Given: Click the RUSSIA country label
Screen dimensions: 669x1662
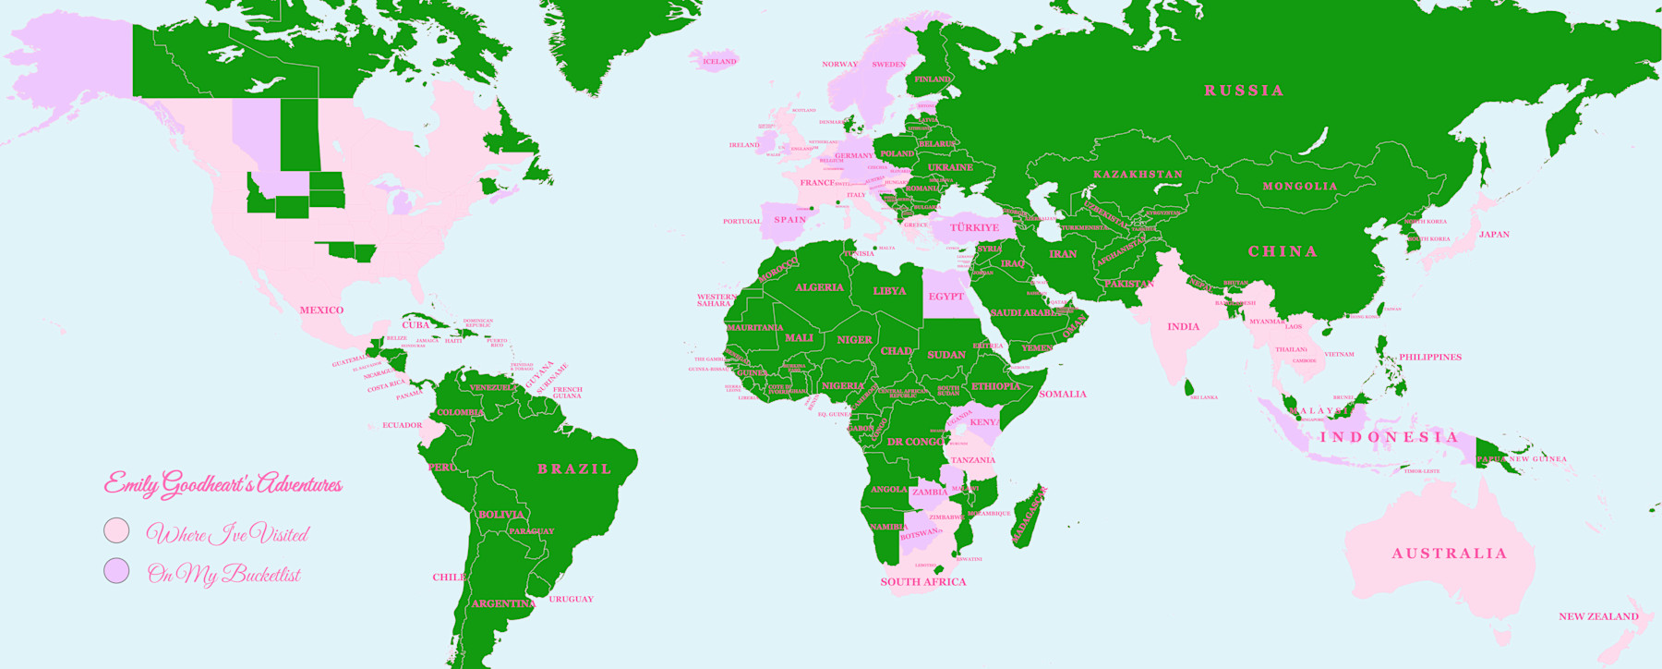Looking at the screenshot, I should point(1244,91).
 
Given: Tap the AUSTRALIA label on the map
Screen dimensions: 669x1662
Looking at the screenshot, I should point(1449,553).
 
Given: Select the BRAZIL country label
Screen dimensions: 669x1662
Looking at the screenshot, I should point(574,469).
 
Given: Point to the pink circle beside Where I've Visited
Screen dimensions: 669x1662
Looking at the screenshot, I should point(116,531).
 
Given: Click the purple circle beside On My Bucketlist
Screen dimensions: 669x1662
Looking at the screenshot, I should point(116,571).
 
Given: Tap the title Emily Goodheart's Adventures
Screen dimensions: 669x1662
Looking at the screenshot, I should point(223,484).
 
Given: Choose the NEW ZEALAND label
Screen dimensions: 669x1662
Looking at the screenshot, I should point(1598,616).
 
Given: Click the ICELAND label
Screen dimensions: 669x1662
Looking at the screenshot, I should point(719,62).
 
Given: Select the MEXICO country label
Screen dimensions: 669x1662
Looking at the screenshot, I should point(321,310).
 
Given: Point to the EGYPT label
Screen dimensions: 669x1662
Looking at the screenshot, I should point(945,297).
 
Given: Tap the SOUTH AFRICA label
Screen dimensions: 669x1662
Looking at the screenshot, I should point(922,582).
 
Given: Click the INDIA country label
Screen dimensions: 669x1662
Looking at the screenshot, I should point(1183,327).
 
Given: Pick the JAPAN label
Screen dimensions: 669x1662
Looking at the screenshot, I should point(1494,235).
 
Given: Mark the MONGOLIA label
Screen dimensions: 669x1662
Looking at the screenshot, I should point(1299,187).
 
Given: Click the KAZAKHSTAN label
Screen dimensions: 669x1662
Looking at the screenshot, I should point(1138,175).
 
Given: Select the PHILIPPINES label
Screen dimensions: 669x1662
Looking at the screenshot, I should point(1429,357).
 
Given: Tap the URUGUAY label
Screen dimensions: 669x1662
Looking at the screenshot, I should point(571,599).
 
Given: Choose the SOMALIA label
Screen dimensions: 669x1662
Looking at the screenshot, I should point(1062,395).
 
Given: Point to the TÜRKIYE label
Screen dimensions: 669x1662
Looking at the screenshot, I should point(974,227).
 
